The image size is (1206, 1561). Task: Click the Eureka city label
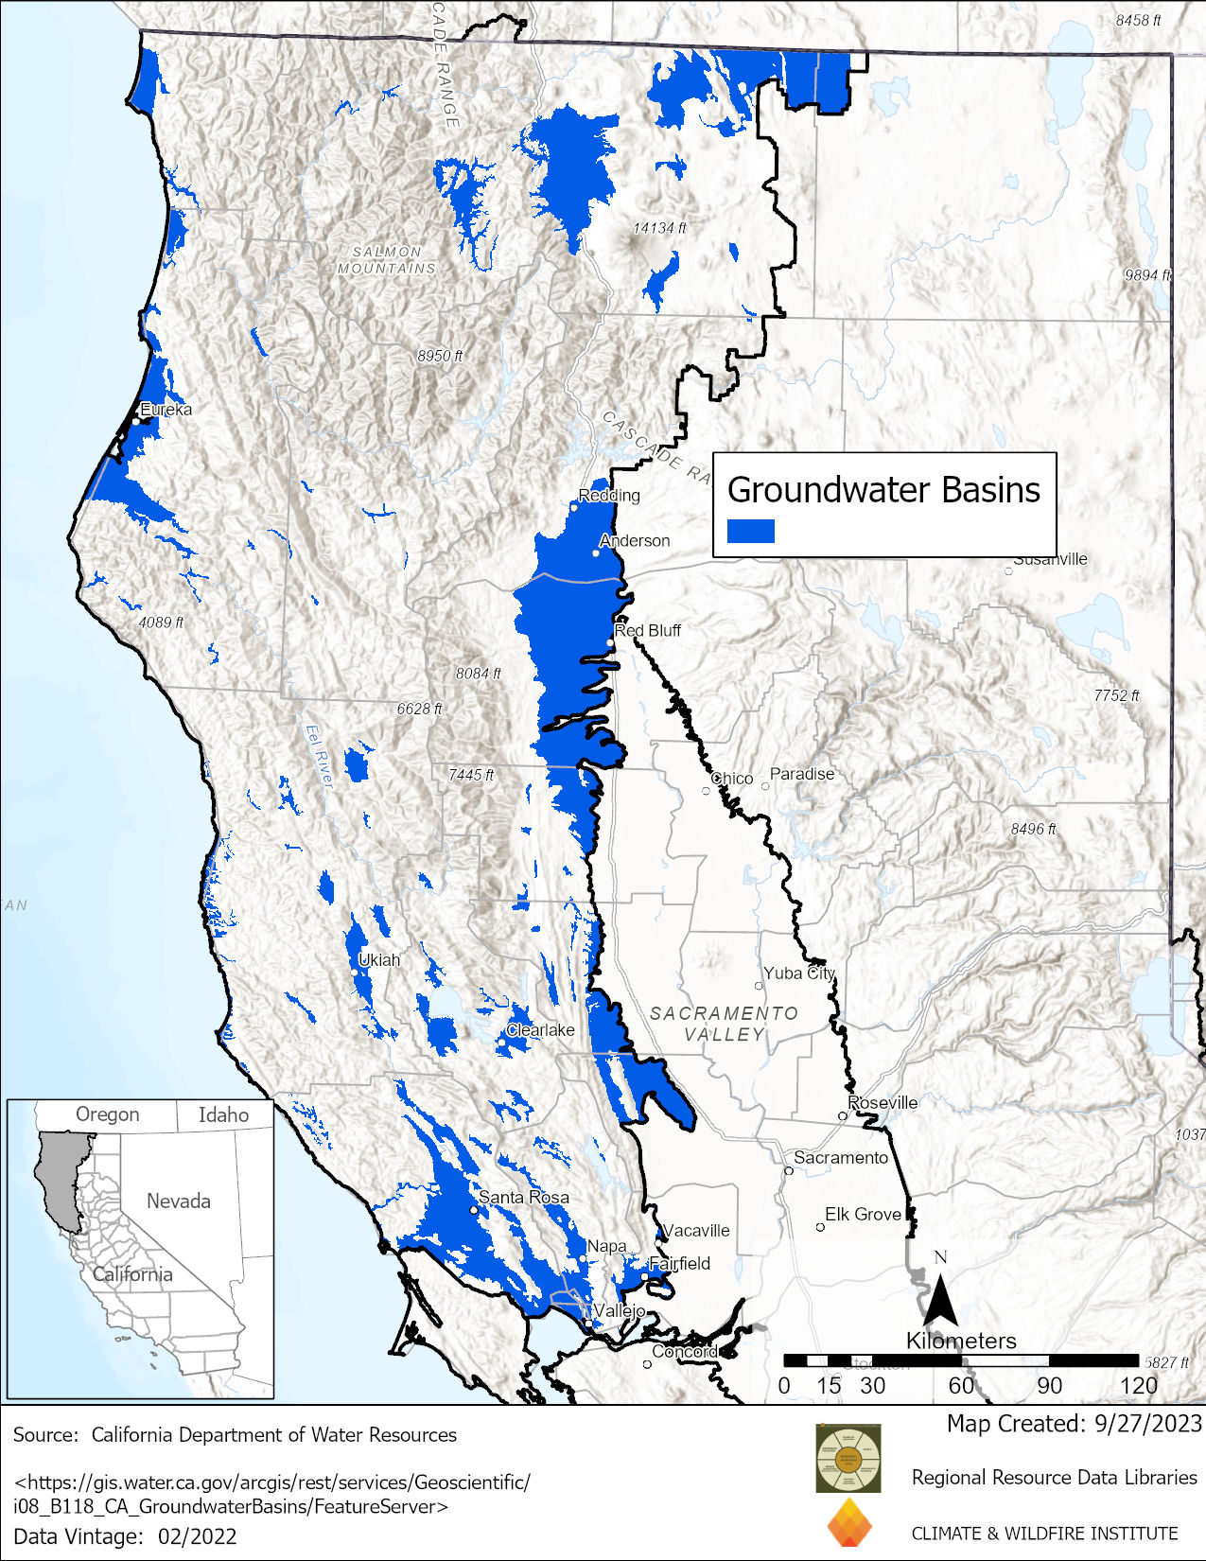[x=166, y=410]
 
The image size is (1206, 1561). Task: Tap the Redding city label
[x=609, y=495]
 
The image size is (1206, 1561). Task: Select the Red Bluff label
[x=648, y=630]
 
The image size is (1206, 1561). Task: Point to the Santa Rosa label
[x=524, y=1197]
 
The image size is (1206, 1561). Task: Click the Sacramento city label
[x=841, y=1157]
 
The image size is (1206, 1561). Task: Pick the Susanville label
[x=1050, y=559]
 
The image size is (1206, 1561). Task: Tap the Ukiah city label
[x=379, y=959]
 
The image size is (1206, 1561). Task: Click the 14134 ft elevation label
[x=659, y=228]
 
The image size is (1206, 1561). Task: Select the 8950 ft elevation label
[x=440, y=356]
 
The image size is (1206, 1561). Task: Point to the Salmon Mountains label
[x=387, y=260]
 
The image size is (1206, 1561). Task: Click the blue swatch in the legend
[x=751, y=531]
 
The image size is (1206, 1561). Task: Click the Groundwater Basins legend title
[x=883, y=490]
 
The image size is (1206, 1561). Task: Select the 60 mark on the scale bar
[x=961, y=1385]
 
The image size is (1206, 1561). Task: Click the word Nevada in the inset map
[x=178, y=1201]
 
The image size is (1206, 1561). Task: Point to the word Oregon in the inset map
[x=107, y=1114]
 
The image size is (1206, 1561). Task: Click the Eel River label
[x=320, y=755]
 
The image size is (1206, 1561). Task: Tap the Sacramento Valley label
[x=724, y=1024]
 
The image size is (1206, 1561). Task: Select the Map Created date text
[x=1074, y=1423]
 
